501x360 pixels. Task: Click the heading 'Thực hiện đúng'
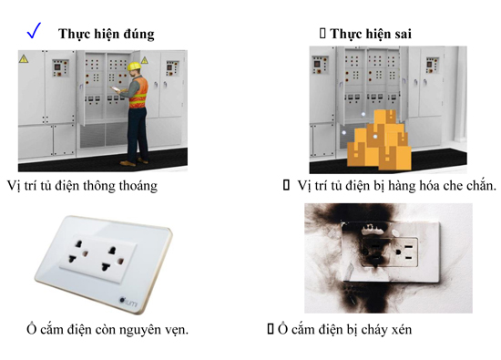[x=106, y=34]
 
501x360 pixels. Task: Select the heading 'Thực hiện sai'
[x=368, y=34]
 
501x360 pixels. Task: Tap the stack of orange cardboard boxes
[x=377, y=143]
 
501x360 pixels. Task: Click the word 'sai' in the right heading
[x=400, y=34]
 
